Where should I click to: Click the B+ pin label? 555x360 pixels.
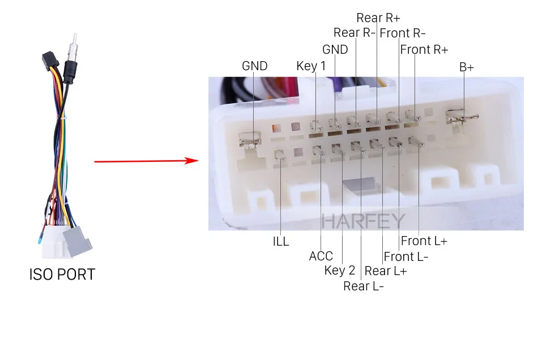467,67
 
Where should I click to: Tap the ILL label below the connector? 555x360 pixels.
281,242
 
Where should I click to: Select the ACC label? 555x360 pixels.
321,256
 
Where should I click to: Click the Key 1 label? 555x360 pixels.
311,66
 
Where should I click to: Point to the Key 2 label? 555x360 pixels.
340,271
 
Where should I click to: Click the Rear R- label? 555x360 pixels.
355,33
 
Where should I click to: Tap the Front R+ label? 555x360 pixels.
424,50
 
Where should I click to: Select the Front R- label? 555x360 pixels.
403,33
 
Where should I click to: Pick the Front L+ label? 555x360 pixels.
424,242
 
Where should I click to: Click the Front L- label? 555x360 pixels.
406,257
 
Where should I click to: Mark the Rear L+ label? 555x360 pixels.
385,271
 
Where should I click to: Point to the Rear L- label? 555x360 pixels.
364,286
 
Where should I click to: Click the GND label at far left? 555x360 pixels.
254,66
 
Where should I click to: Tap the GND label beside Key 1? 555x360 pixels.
335,50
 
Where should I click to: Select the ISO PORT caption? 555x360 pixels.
62,275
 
